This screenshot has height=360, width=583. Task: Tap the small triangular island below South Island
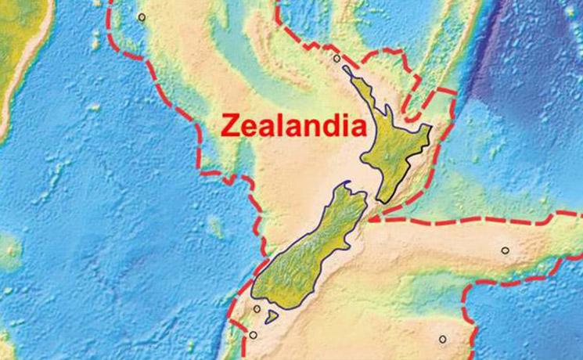[x=272, y=317]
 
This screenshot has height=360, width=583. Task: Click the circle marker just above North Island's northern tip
[x=336, y=58]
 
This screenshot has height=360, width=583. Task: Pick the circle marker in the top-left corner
[x=142, y=16]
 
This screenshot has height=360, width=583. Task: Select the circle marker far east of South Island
[x=505, y=251]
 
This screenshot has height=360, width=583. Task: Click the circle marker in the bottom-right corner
[x=442, y=340]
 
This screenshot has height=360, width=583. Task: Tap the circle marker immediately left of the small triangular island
[x=257, y=309]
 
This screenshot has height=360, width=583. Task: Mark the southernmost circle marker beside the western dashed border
[x=253, y=336]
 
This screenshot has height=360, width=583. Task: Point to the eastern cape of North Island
[x=428, y=128]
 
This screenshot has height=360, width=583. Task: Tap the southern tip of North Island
[x=384, y=200]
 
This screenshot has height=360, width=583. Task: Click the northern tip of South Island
[x=345, y=186]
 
